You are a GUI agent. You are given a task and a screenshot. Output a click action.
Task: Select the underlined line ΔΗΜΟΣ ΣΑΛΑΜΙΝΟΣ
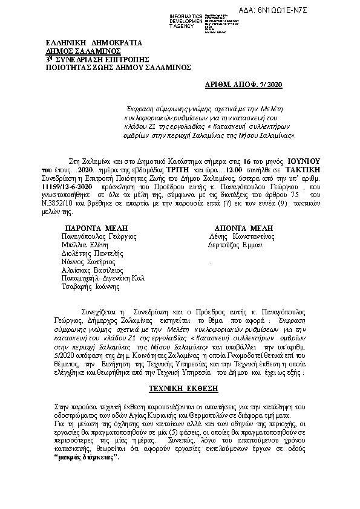[x=88, y=52]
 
